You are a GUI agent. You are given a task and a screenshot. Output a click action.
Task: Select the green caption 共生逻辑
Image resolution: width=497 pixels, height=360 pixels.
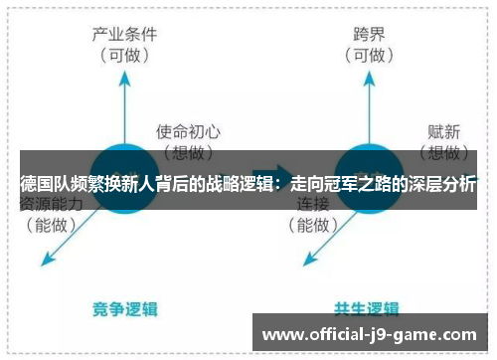(367, 309)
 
